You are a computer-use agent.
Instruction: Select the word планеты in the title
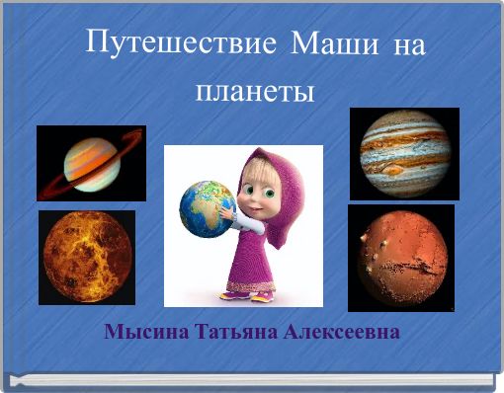click(255, 92)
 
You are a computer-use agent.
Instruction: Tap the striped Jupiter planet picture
click(404, 154)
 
